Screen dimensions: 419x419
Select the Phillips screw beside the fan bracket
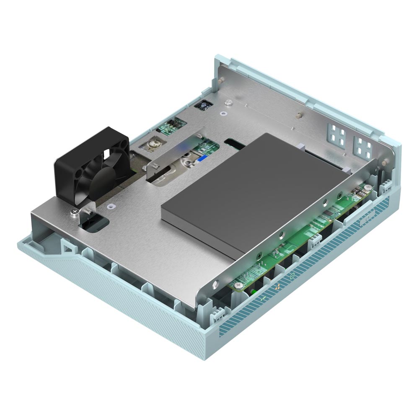tap(74, 214)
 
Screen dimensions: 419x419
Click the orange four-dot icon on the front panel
tap(277, 287)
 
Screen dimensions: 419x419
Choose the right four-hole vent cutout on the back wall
tap(363, 146)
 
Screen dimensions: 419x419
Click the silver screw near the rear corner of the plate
tap(228, 102)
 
